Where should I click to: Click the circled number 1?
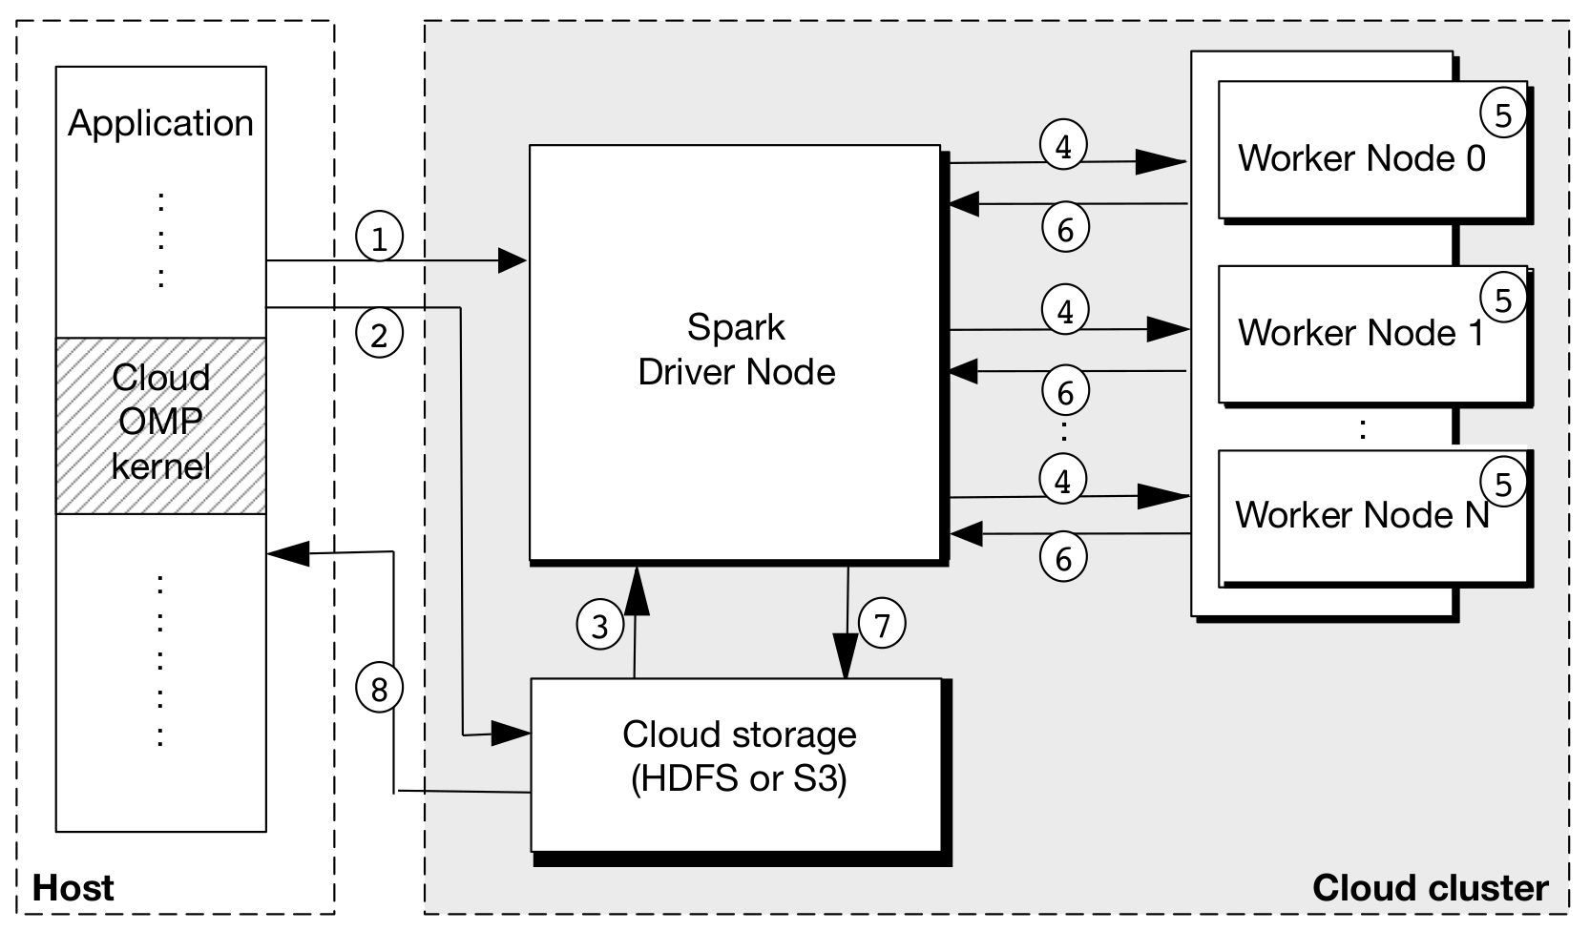pos(379,238)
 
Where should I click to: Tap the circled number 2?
pos(379,335)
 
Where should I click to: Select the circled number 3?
pos(599,626)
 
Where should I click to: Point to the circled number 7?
pos(882,625)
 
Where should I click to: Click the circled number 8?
pos(379,688)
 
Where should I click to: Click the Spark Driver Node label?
pos(736,349)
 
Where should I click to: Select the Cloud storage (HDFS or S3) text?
pos(739,756)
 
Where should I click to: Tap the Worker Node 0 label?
pos(1361,158)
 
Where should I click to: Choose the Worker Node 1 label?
pos(1361,333)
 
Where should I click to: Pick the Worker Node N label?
pos(1361,515)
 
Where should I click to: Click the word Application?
pos(160,123)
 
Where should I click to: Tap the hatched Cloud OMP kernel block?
pos(160,424)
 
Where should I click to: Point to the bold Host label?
pos(73,888)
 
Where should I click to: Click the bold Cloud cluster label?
pos(1429,888)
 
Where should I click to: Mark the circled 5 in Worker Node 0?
pos(1502,115)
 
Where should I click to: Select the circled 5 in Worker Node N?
pos(1502,485)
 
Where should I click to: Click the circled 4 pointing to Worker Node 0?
pos(1063,146)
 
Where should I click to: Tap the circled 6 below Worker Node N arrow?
pos(1063,558)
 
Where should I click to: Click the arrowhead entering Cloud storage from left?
pos(513,734)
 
